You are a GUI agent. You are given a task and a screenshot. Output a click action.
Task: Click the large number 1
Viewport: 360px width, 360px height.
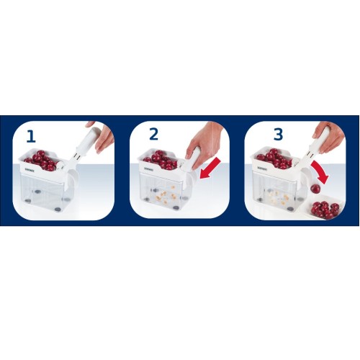pyautogui.click(x=30, y=136)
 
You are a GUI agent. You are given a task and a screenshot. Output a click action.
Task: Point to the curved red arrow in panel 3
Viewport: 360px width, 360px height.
pyautogui.click(x=320, y=173)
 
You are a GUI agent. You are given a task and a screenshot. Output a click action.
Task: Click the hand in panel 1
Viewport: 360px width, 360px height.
pyautogui.click(x=106, y=137)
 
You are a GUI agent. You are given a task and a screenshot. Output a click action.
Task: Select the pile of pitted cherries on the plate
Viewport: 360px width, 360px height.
pyautogui.click(x=325, y=210)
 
